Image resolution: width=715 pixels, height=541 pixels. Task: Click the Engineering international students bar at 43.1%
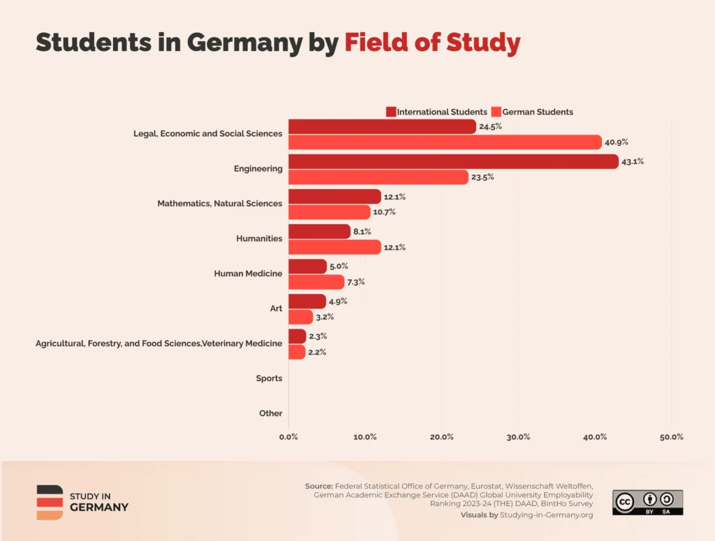(453, 161)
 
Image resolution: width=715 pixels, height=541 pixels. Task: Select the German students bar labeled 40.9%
(445, 142)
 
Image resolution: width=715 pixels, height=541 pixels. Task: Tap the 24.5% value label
(490, 126)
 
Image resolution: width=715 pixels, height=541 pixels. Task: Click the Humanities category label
(259, 239)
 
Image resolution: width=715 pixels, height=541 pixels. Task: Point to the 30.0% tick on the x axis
(518, 437)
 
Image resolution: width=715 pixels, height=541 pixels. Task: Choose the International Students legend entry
(436, 112)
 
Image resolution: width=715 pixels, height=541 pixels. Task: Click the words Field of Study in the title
(432, 43)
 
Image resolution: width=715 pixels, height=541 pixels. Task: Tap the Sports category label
(269, 378)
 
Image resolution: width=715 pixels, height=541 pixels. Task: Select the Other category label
(270, 413)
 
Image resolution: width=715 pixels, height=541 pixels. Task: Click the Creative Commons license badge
(647, 503)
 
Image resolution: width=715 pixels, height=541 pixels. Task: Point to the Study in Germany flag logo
(50, 502)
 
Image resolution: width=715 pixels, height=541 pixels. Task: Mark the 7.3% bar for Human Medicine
(316, 282)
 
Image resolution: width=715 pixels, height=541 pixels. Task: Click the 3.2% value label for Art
(325, 317)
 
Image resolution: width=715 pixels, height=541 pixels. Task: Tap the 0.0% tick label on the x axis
(288, 437)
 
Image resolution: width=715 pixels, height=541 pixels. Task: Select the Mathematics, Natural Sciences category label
(219, 204)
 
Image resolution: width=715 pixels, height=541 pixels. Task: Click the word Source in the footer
(319, 486)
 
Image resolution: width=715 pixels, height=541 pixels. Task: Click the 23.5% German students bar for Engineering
(378, 177)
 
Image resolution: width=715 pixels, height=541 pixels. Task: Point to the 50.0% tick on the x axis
(671, 437)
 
